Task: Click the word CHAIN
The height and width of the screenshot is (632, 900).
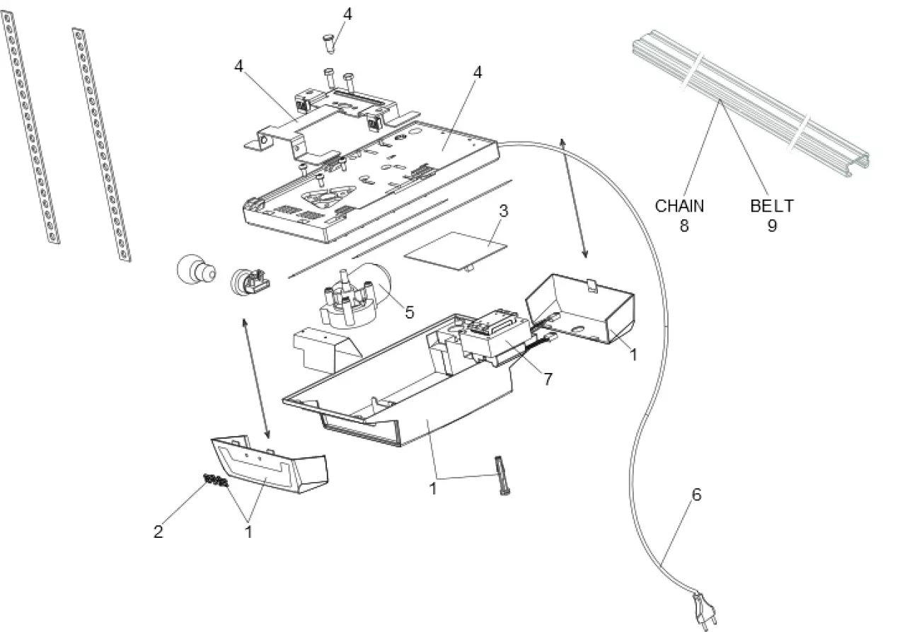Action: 679,206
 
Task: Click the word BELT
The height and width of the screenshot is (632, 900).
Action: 771,206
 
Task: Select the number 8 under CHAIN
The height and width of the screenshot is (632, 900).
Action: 683,226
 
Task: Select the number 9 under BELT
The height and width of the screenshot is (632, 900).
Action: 772,226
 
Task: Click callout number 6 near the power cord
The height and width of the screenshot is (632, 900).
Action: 696,495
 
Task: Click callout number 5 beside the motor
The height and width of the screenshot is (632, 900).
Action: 409,311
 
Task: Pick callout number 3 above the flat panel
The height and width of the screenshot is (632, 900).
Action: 503,211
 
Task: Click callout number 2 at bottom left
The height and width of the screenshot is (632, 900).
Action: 158,531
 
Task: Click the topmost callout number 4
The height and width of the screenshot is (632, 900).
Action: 347,13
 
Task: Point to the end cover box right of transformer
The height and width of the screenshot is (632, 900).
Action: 582,308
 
